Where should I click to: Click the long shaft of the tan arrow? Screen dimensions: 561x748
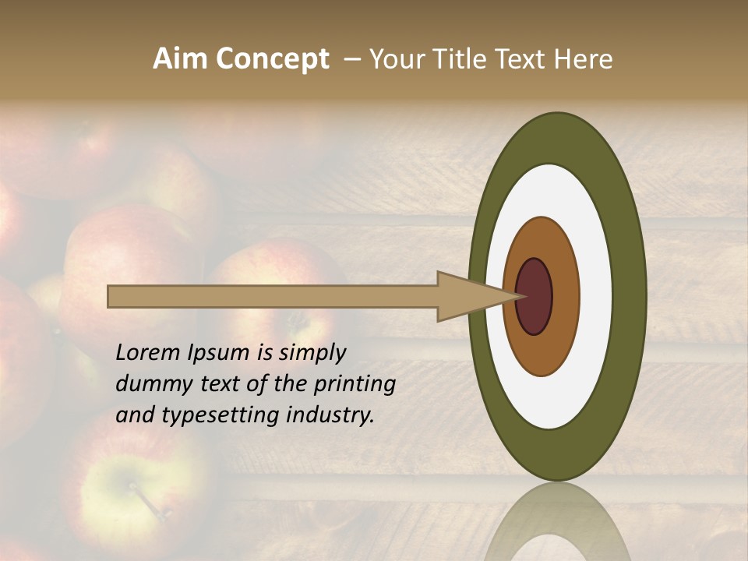pos(273,296)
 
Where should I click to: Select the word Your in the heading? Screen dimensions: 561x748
pos(393,59)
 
